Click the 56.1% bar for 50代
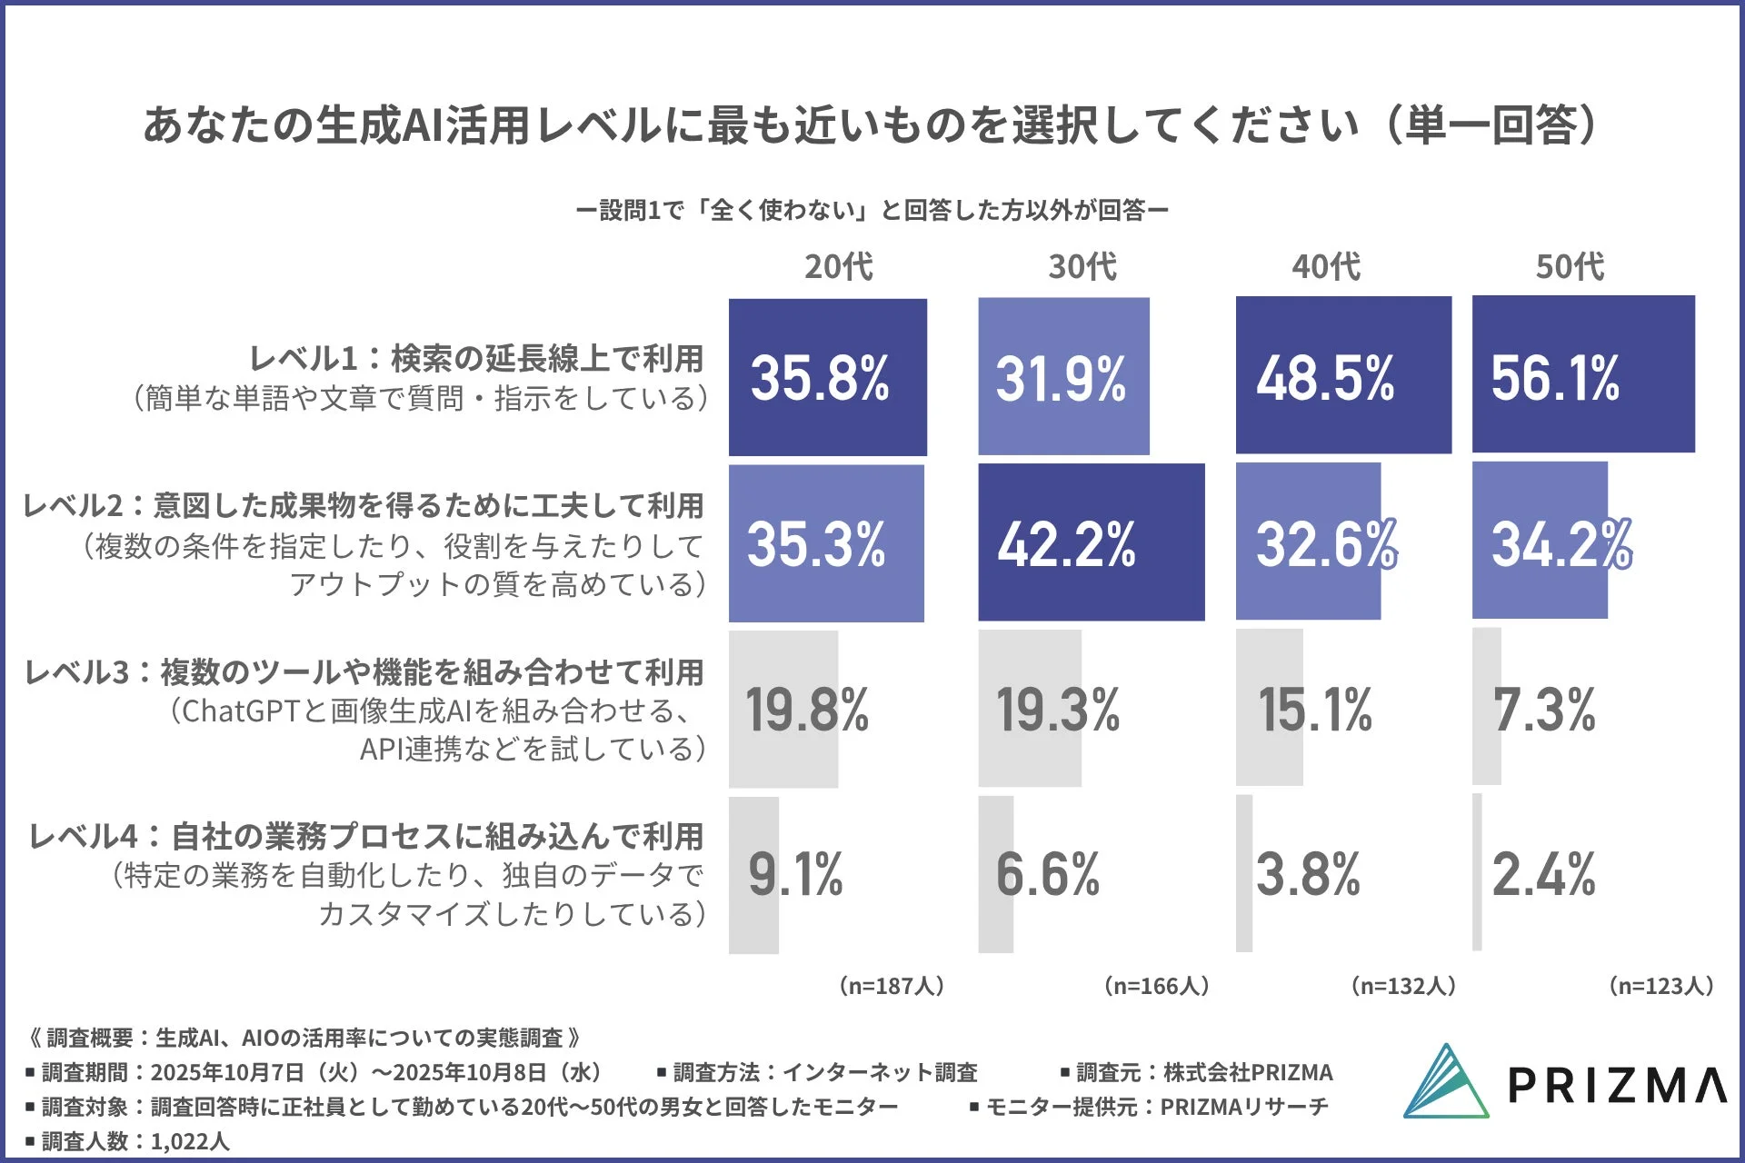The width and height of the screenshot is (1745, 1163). (x=1582, y=374)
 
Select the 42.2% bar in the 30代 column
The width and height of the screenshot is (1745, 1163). (x=1091, y=542)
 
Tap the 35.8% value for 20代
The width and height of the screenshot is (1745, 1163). (x=820, y=378)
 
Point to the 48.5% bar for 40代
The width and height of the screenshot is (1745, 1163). (x=1342, y=375)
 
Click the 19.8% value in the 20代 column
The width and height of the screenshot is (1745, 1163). (x=807, y=710)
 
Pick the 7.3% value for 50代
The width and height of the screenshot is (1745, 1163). (x=1543, y=710)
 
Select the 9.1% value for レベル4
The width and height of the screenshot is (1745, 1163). (x=795, y=875)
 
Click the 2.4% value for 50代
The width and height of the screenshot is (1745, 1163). (x=1543, y=875)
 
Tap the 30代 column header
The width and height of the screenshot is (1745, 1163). (x=1082, y=266)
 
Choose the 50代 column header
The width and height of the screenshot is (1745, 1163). (x=1570, y=266)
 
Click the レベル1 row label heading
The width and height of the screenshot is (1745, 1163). (x=476, y=359)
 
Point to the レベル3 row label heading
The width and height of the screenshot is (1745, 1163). (x=364, y=672)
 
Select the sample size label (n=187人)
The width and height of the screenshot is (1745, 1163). (x=891, y=986)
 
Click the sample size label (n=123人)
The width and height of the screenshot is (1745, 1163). (x=1660, y=986)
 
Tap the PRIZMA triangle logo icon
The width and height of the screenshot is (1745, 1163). (x=1445, y=1083)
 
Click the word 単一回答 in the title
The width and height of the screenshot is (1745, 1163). (x=1491, y=125)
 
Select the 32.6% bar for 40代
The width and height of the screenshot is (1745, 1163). (x=1308, y=542)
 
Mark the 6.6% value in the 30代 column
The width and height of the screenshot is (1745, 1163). (x=1047, y=875)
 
